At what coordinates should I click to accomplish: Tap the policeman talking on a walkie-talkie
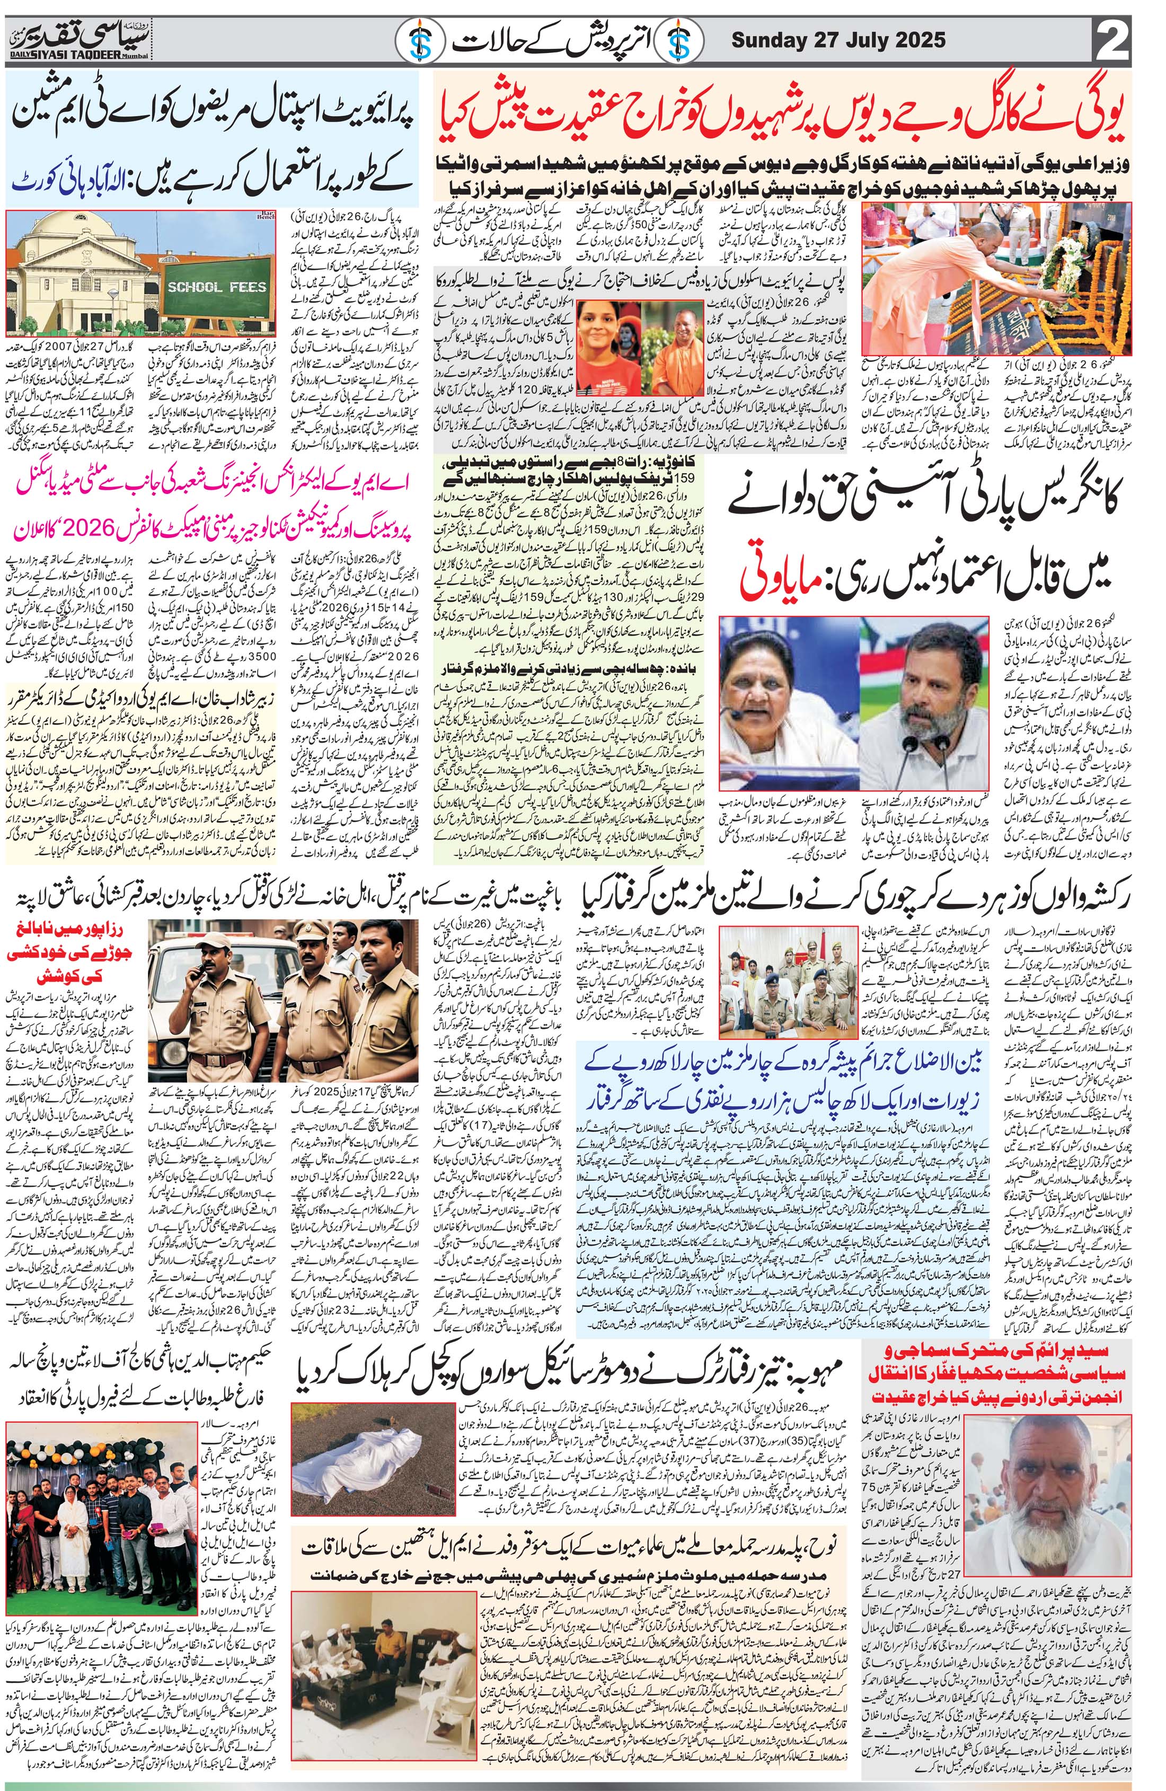[x=196, y=977]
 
